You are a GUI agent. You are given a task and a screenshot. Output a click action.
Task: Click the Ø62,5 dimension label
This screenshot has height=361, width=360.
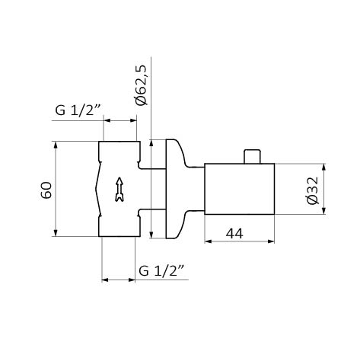pos(141,85)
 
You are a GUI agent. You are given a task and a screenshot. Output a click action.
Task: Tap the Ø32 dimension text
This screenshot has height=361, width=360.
pos(312,190)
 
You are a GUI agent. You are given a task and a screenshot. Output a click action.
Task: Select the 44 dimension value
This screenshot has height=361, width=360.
pos(234,233)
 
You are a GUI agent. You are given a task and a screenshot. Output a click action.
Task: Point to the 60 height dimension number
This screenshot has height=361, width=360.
pos(46,190)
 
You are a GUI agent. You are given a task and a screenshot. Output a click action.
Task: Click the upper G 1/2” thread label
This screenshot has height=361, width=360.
pos(78,110)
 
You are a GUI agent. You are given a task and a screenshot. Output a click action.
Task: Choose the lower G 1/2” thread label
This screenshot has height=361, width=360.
pos(161,270)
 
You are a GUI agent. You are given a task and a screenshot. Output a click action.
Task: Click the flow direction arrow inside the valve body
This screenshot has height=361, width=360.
pos(119,190)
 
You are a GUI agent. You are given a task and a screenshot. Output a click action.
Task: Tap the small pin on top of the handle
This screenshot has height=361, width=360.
pos(252,156)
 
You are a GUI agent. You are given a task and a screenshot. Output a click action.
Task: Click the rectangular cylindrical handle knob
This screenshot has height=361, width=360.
pos(240,189)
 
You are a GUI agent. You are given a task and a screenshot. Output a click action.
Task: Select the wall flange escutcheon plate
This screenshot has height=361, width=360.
pos(175,189)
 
